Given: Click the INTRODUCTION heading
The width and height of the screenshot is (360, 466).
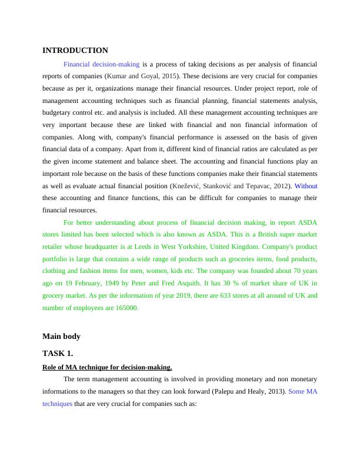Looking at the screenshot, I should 75,51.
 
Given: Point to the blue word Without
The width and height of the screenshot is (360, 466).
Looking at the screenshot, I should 306,186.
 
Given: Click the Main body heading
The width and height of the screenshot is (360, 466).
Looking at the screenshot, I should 61,337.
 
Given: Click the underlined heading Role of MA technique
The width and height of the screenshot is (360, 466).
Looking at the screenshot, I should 107,367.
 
